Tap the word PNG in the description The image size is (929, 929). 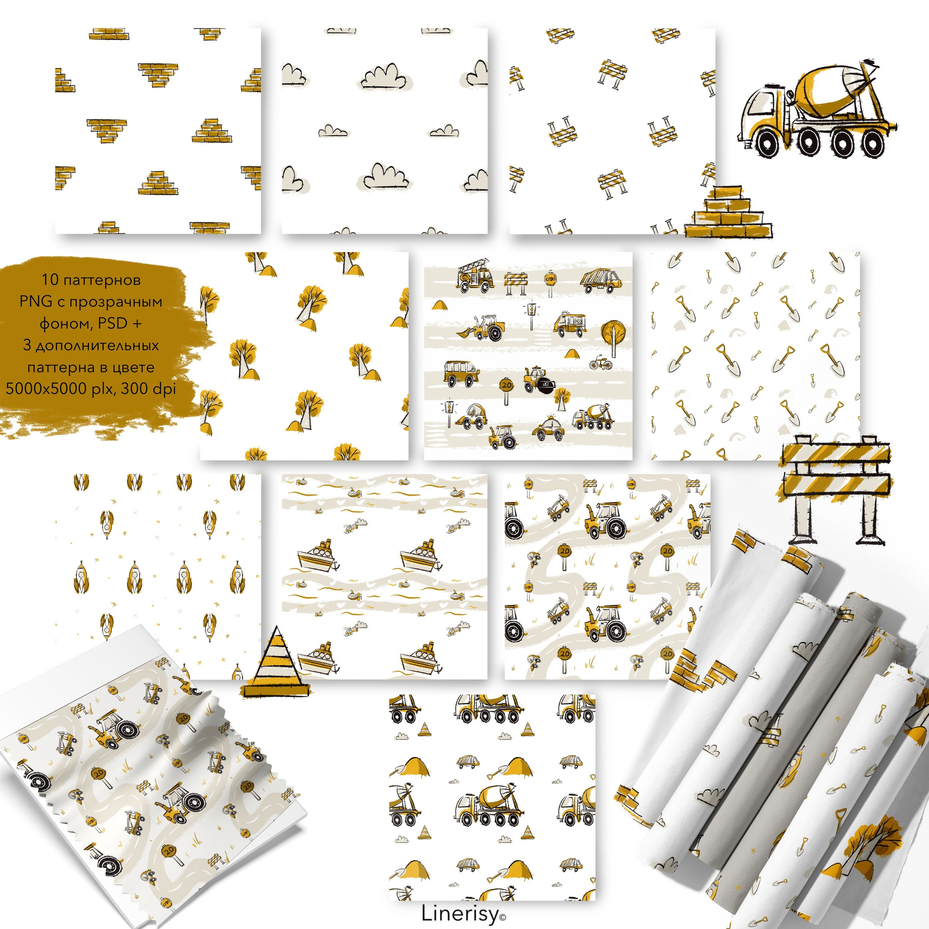click(36, 302)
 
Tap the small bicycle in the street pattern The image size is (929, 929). click(601, 362)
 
